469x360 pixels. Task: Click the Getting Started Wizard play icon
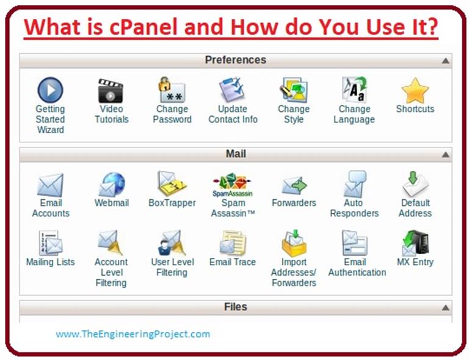(x=50, y=90)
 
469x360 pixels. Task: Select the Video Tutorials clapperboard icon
(x=111, y=90)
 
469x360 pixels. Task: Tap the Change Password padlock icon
(x=170, y=90)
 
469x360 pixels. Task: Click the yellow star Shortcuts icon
(x=415, y=90)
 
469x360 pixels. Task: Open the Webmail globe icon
(x=111, y=184)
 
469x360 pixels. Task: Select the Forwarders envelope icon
(x=294, y=184)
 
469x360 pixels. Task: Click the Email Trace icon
(x=232, y=243)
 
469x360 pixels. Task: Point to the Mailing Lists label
(x=50, y=262)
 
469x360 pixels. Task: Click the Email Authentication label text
(x=357, y=267)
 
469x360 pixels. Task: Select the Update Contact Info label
(x=233, y=114)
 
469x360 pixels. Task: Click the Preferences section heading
(x=235, y=60)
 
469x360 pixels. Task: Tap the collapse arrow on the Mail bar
(x=445, y=155)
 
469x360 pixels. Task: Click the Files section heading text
(x=235, y=307)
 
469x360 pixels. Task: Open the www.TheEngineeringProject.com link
(x=133, y=334)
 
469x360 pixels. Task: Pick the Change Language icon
(x=354, y=90)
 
